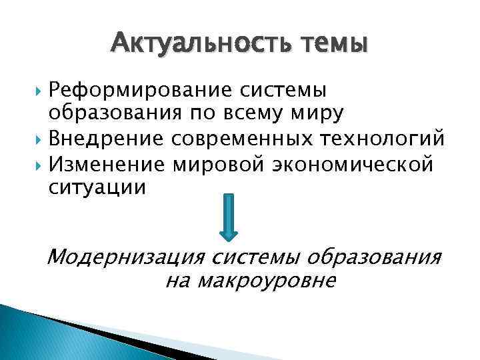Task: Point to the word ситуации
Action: tap(97, 187)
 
